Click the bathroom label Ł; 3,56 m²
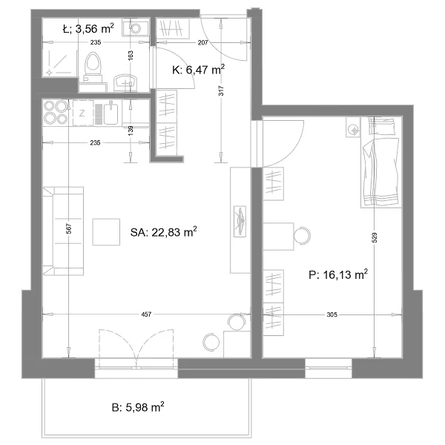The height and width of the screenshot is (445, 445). pyautogui.click(x=88, y=28)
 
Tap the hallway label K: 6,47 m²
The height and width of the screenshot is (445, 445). pyautogui.click(x=198, y=70)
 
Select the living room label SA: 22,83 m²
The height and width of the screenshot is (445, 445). pyautogui.click(x=163, y=232)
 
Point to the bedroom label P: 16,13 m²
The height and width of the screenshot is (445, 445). pyautogui.click(x=338, y=274)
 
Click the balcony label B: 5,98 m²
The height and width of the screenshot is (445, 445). pyautogui.click(x=138, y=407)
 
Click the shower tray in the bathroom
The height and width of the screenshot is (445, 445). pyautogui.click(x=59, y=63)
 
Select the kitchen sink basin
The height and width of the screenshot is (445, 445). pyautogui.click(x=111, y=113)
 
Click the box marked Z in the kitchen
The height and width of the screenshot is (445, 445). pyautogui.click(x=83, y=113)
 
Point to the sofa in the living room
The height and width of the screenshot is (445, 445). pyautogui.click(x=63, y=231)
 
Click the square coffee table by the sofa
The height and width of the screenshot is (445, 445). pyautogui.click(x=106, y=232)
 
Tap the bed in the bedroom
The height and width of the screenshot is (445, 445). pyautogui.click(x=381, y=162)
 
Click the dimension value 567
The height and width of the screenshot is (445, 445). pyautogui.click(x=70, y=228)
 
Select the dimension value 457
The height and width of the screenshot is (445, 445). pyautogui.click(x=146, y=314)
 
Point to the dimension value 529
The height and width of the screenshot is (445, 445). pyautogui.click(x=375, y=238)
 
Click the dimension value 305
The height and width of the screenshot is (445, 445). pyautogui.click(x=332, y=314)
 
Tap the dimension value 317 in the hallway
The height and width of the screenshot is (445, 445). pyautogui.click(x=221, y=90)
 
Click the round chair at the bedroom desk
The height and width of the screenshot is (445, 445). pyautogui.click(x=303, y=236)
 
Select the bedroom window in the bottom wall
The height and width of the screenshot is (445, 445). pyautogui.click(x=329, y=369)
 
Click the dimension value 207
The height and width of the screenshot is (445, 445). pyautogui.click(x=202, y=42)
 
